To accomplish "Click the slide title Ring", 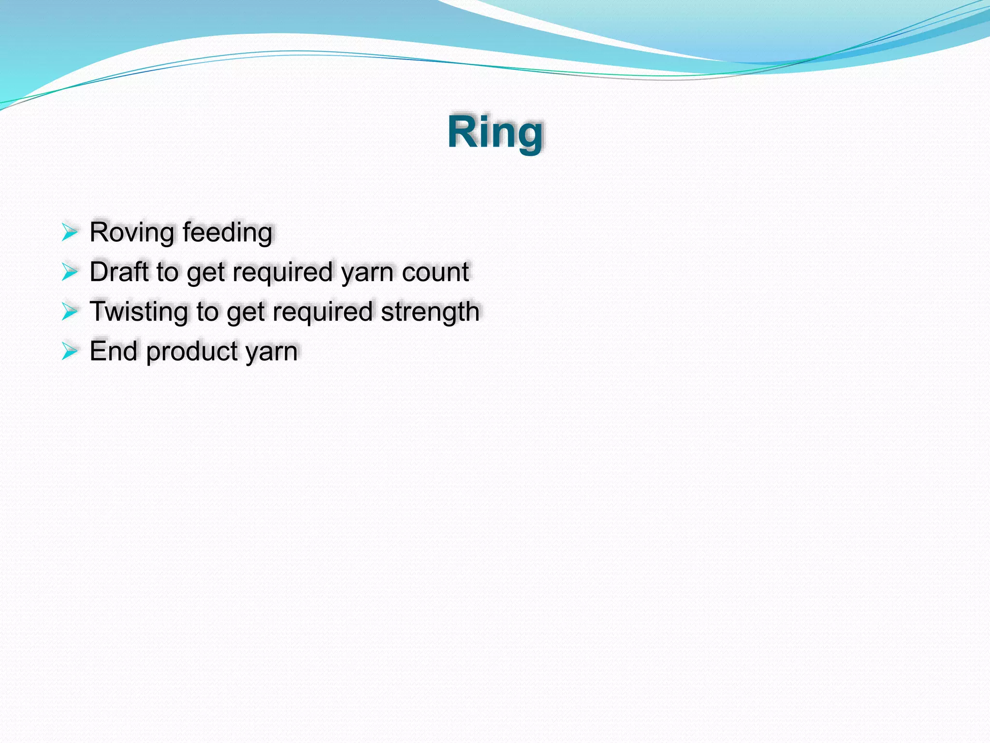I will pyautogui.click(x=495, y=133).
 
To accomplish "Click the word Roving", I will pyautogui.click(x=131, y=232).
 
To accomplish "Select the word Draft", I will pyautogui.click(x=119, y=272).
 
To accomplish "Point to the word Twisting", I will pyautogui.click(x=139, y=312).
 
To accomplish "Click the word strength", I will pyautogui.click(x=430, y=312).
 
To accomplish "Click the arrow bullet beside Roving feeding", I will pyautogui.click(x=70, y=233).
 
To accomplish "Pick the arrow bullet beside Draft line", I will pyautogui.click(x=70, y=272).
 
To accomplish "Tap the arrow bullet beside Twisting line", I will pyautogui.click(x=70, y=312).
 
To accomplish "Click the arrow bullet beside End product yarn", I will pyautogui.click(x=70, y=351).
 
